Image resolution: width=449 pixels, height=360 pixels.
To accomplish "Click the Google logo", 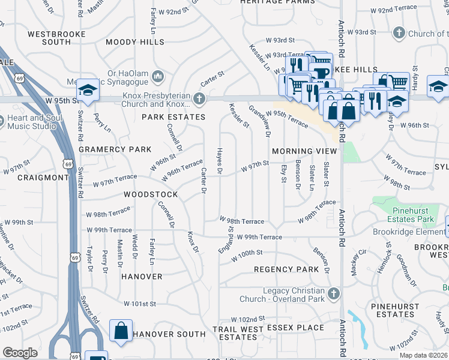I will [20, 353].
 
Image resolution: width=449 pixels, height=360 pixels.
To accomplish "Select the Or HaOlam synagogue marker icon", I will [158, 76].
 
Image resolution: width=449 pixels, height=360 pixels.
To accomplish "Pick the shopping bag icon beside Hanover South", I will [121, 331].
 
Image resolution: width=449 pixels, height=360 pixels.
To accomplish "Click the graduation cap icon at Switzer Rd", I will [88, 91].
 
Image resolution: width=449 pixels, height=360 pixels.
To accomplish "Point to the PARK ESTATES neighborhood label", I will [169, 117].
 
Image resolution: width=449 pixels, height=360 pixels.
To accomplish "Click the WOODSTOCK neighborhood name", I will [151, 195].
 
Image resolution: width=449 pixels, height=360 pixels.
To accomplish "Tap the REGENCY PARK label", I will [286, 269].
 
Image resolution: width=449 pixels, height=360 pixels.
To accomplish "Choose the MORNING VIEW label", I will [304, 151].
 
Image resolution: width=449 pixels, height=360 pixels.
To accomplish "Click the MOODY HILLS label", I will [134, 43].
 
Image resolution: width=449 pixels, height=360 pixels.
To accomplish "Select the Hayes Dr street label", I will [220, 163].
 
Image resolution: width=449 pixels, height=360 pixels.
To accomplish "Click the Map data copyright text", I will [423, 355].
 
